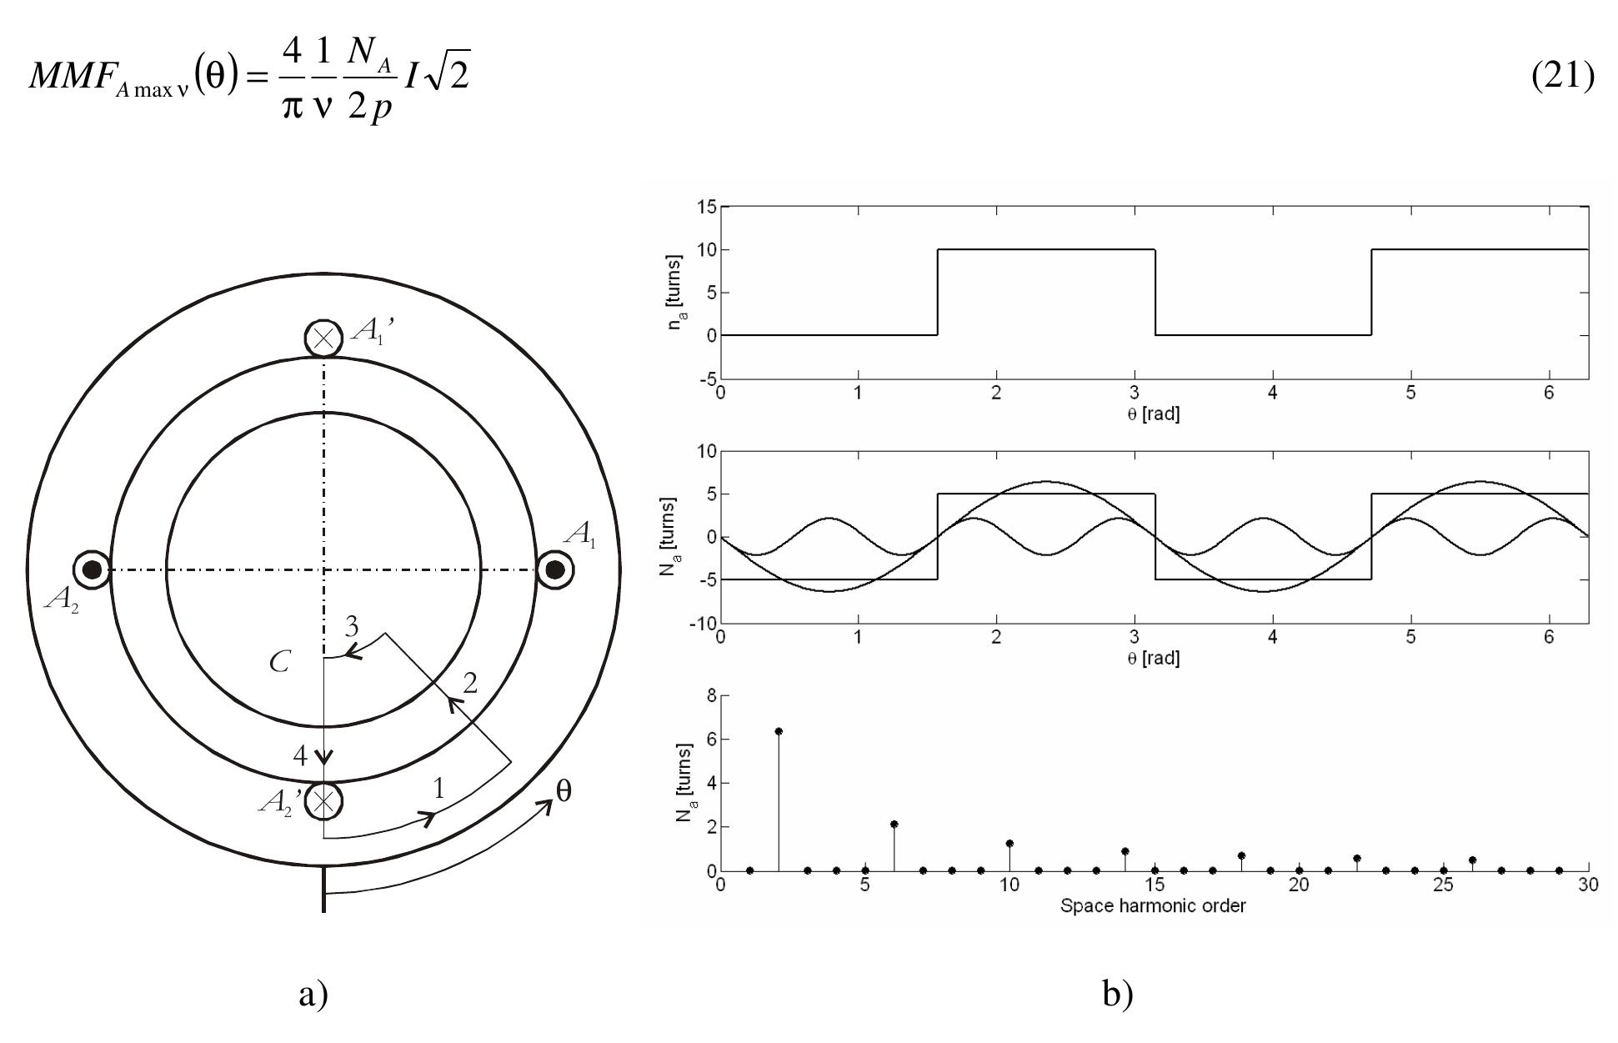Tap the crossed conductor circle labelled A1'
[323, 338]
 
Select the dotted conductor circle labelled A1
[554, 570]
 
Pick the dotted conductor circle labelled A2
[92, 570]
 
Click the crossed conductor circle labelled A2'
[323, 800]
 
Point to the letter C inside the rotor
[279, 663]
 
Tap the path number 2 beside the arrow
[470, 684]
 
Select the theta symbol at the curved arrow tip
[564, 791]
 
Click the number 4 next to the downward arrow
[301, 756]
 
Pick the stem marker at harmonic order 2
[779, 731]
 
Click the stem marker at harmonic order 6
[894, 824]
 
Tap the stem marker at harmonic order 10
[1009, 844]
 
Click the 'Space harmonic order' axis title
[1153, 905]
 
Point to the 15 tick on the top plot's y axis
[705, 207]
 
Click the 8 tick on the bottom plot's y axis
[711, 695]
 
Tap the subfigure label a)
[313, 994]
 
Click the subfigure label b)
[1117, 994]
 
